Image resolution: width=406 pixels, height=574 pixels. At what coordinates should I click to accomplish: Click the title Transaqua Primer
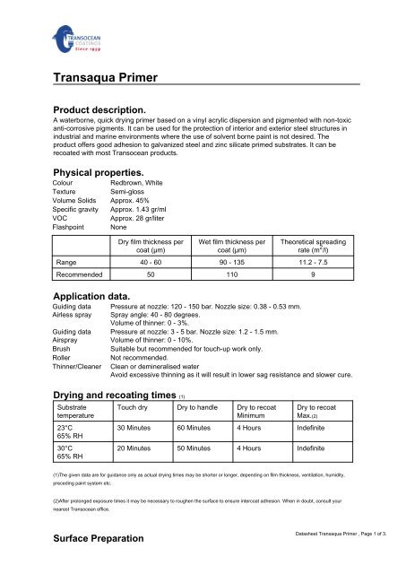click(107, 78)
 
